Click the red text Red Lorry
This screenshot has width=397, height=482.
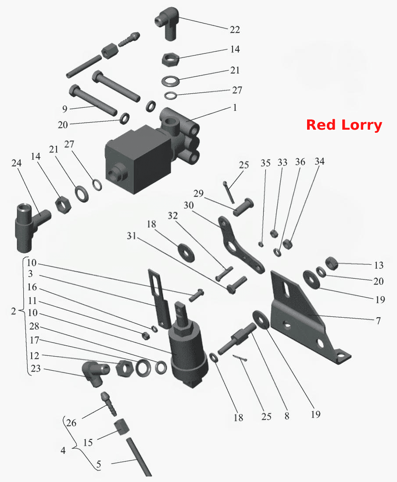[344, 125]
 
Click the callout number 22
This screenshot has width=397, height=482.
[235, 29]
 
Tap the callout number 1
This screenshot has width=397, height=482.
[235, 108]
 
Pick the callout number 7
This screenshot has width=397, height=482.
[378, 321]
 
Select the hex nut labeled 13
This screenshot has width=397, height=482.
[332, 263]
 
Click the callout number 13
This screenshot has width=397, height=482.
[379, 265]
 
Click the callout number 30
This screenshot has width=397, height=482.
[189, 205]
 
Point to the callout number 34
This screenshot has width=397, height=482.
[319, 161]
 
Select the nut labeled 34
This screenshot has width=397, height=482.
[287, 244]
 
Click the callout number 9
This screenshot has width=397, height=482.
[64, 109]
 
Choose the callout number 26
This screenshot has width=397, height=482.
[71, 423]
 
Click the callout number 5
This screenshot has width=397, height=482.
[98, 464]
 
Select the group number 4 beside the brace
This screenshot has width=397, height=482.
[63, 450]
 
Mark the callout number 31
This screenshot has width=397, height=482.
[132, 236]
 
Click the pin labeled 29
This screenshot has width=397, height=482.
[243, 207]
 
